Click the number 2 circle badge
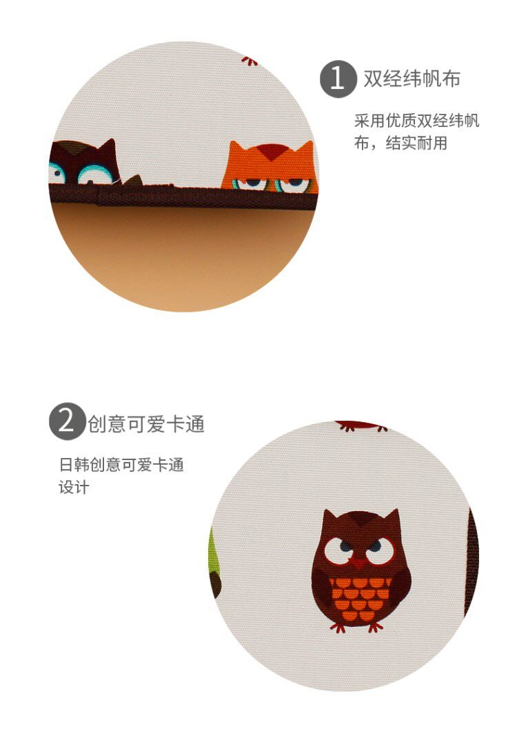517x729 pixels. (x=67, y=421)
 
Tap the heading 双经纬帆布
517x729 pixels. (x=412, y=79)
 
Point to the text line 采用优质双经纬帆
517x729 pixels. (x=416, y=121)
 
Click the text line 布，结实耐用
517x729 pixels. (x=401, y=143)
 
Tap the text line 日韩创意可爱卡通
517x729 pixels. (x=122, y=464)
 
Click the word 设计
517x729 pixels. (x=74, y=487)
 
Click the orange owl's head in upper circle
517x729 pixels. (x=270, y=168)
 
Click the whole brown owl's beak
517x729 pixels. (x=358, y=564)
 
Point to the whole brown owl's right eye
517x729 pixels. (x=380, y=551)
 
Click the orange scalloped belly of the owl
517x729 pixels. (x=360, y=599)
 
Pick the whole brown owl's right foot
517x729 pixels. (x=374, y=627)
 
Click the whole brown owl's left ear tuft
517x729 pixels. (x=329, y=516)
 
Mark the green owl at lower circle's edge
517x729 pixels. (x=214, y=563)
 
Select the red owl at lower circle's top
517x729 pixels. (x=361, y=426)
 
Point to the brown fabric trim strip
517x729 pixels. (x=183, y=196)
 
